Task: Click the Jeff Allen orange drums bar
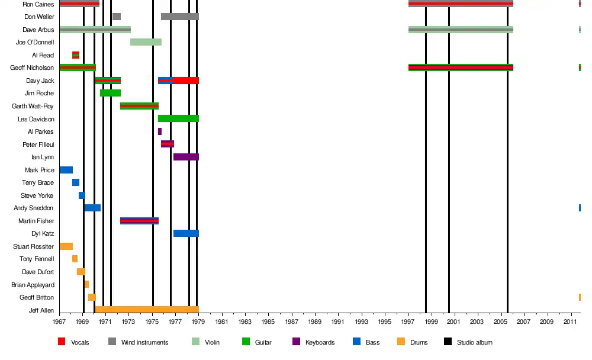pyautogui.click(x=146, y=310)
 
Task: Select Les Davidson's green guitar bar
pyautogui.click(x=178, y=118)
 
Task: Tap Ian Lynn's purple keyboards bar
pyautogui.click(x=186, y=157)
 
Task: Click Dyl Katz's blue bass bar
pyautogui.click(x=186, y=233)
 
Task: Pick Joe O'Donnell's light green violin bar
pyautogui.click(x=146, y=42)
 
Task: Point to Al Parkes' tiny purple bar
pyautogui.click(x=160, y=131)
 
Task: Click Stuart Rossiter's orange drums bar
pyautogui.click(x=66, y=246)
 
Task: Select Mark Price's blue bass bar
pyautogui.click(x=66, y=170)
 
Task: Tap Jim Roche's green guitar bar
pyautogui.click(x=110, y=93)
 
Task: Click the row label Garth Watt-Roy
pyautogui.click(x=33, y=106)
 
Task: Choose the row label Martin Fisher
pyautogui.click(x=36, y=221)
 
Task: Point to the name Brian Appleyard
pyautogui.click(x=33, y=285)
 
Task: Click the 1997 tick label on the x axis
pyautogui.click(x=408, y=322)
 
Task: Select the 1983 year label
pyautogui.click(x=245, y=322)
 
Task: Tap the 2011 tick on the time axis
pyautogui.click(x=571, y=322)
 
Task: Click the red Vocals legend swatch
pyautogui.click(x=62, y=342)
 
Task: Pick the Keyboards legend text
pyautogui.click(x=320, y=342)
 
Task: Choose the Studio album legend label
pyautogui.click(x=474, y=342)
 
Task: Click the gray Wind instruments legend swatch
pyautogui.click(x=112, y=342)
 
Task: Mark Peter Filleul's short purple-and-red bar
pyautogui.click(x=168, y=144)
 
